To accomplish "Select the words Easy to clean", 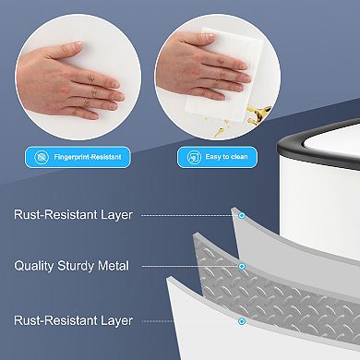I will click(x=225, y=157).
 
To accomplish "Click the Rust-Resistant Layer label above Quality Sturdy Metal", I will click(x=73, y=215).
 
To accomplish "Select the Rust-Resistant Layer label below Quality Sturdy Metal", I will click(x=73, y=321).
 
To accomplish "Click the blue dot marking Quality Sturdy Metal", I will click(x=242, y=266).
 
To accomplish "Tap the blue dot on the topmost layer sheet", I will click(x=242, y=215).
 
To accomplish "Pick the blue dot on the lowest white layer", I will click(x=242, y=321).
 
